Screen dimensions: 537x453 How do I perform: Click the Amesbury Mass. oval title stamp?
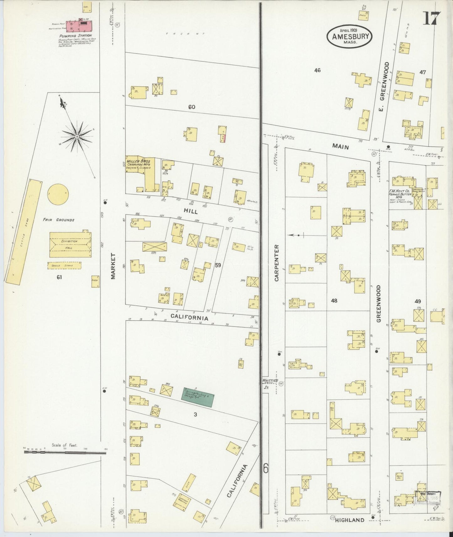(350, 36)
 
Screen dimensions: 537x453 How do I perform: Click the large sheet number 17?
(432, 18)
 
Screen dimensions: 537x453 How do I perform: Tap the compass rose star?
(77, 137)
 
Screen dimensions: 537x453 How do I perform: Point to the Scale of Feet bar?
(65, 452)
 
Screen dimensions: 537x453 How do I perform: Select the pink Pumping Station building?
(80, 25)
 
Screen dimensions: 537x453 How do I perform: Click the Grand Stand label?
(64, 266)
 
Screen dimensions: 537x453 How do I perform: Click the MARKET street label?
(113, 266)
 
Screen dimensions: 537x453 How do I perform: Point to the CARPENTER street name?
(277, 263)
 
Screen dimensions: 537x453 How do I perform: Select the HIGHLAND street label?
(350, 520)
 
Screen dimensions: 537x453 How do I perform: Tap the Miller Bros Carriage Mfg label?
(138, 164)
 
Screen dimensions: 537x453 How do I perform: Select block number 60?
(192, 107)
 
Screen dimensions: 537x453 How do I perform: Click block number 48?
(334, 300)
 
